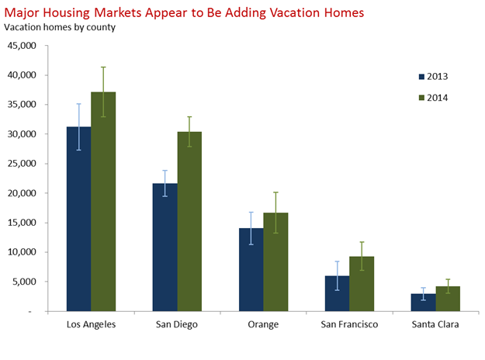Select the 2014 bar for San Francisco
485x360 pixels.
point(362,284)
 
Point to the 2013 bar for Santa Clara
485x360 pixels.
point(423,303)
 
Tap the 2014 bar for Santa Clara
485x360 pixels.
point(448,299)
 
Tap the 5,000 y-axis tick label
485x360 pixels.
point(24,282)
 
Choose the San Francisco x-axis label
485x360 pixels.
point(349,325)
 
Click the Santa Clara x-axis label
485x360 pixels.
point(435,325)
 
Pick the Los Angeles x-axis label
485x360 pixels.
point(91,325)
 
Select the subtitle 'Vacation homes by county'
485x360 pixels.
point(60,27)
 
